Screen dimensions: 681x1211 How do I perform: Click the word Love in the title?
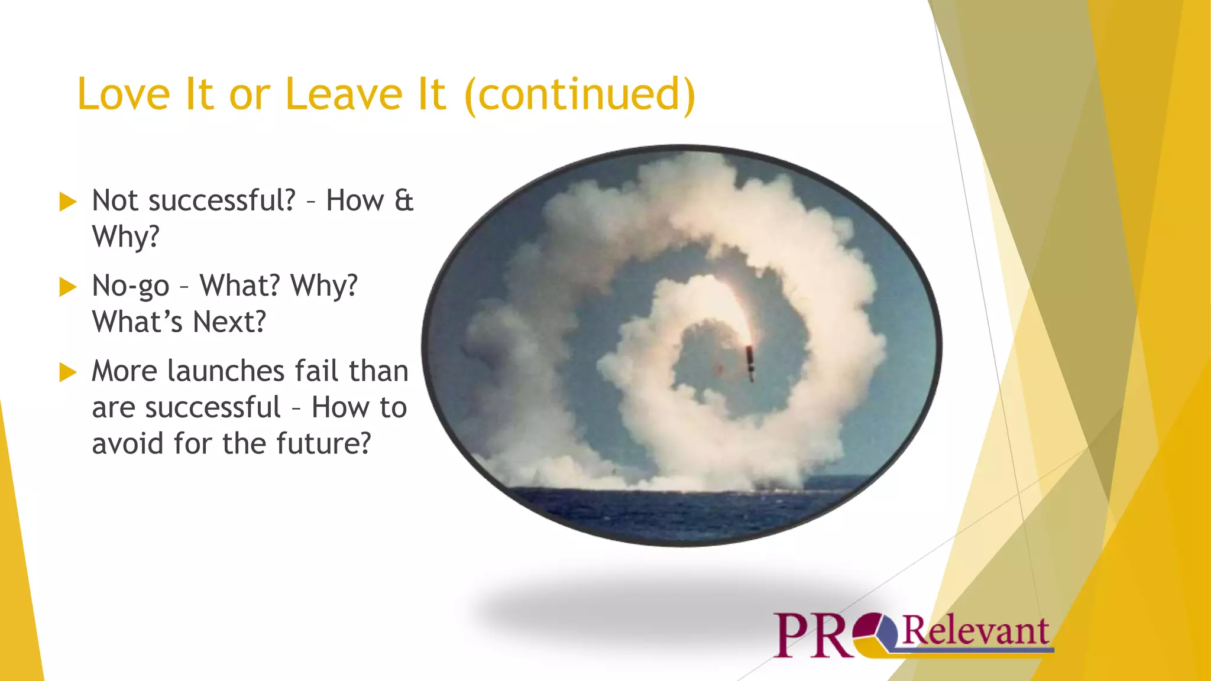(124, 95)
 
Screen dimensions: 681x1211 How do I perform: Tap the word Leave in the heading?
(344, 95)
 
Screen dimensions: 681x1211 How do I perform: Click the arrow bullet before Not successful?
(68, 202)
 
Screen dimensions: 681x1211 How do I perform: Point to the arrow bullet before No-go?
(68, 287)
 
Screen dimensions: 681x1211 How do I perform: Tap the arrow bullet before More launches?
(68, 372)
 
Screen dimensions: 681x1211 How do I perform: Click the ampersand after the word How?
(404, 201)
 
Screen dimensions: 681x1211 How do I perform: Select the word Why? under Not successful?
(126, 237)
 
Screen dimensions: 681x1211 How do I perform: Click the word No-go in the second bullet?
(131, 287)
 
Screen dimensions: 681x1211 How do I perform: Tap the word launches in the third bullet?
(226, 372)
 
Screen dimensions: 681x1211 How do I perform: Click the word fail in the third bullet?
(316, 372)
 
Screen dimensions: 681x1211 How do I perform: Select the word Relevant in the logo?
(975, 631)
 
